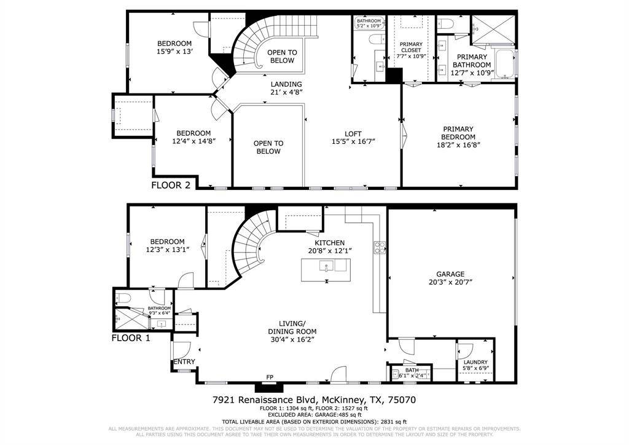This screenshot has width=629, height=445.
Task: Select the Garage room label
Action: [x=451, y=274]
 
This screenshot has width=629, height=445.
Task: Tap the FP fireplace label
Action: [x=269, y=377]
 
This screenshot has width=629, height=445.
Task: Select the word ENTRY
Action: [x=184, y=361]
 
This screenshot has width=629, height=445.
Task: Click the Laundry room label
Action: [x=475, y=362]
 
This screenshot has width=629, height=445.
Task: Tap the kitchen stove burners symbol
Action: [x=380, y=248]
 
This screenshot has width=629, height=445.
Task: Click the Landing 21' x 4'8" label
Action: [x=286, y=89]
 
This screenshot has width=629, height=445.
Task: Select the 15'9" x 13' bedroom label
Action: [x=174, y=47]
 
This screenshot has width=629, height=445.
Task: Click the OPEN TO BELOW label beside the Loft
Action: [x=267, y=147]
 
